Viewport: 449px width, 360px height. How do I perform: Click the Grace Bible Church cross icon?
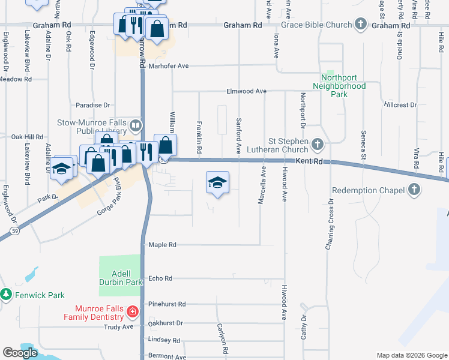[x=360, y=25]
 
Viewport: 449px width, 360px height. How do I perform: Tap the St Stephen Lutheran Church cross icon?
[x=318, y=144]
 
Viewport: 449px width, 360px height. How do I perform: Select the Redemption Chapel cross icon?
[x=414, y=190]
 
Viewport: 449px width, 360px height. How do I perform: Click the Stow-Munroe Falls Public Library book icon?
[x=136, y=126]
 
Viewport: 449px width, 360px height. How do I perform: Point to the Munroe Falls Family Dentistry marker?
[x=133, y=312]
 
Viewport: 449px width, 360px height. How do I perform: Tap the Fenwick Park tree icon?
[x=6, y=295]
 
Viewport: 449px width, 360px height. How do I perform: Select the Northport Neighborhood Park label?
[x=343, y=86]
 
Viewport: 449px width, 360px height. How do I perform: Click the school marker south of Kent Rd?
[x=217, y=182]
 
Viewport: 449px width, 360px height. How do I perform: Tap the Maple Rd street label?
[x=163, y=245]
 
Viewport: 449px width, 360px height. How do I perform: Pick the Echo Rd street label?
[x=160, y=278]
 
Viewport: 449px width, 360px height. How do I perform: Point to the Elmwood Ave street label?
[x=246, y=91]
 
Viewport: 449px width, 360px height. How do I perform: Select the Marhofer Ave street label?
[x=169, y=66]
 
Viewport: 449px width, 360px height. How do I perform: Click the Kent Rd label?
[x=309, y=162]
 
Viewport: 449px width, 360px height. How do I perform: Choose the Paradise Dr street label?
[x=93, y=104]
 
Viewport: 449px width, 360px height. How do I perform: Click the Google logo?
[x=20, y=353]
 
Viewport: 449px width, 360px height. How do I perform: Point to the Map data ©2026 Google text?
[x=412, y=355]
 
